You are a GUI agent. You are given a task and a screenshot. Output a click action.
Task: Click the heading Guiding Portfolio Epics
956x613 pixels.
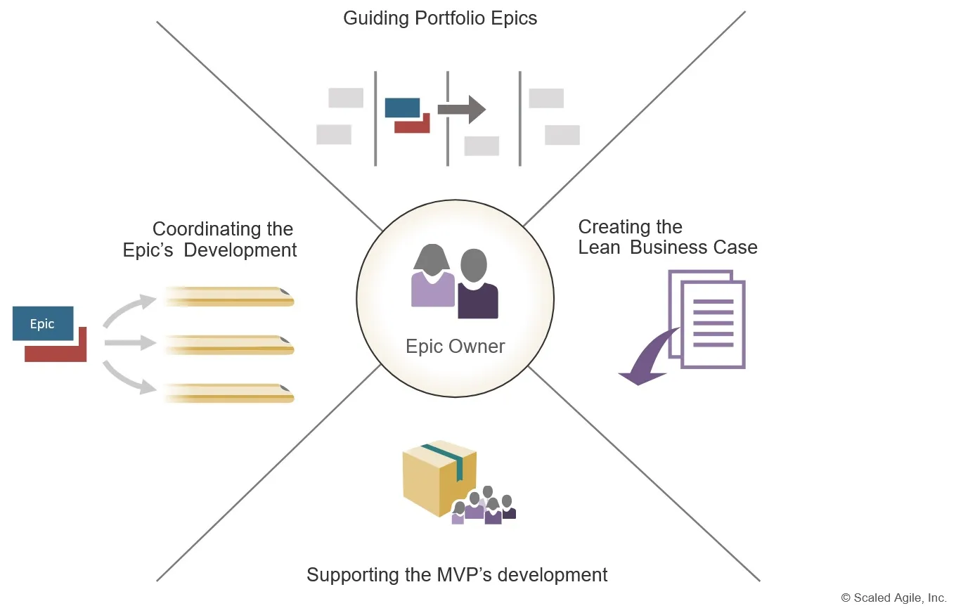(x=440, y=18)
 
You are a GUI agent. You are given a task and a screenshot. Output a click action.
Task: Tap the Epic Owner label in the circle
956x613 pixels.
(x=455, y=346)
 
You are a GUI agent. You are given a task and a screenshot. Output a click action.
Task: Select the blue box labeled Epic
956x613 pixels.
(x=43, y=323)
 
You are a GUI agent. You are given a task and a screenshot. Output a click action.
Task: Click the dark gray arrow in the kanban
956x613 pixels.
(x=461, y=110)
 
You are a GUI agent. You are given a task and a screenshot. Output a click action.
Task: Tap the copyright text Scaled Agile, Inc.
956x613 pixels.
(x=893, y=598)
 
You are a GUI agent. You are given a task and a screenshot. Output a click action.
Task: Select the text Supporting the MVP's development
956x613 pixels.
(x=457, y=574)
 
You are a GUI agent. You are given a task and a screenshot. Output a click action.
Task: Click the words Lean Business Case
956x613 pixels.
(x=668, y=247)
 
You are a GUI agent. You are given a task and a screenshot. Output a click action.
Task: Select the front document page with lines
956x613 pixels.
(x=713, y=323)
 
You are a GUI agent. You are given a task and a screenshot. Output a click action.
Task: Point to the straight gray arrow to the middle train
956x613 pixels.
(x=129, y=343)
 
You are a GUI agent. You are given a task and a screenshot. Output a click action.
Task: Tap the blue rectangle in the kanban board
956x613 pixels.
(x=402, y=108)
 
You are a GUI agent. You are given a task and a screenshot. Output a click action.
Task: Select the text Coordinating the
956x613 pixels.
(x=223, y=229)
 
